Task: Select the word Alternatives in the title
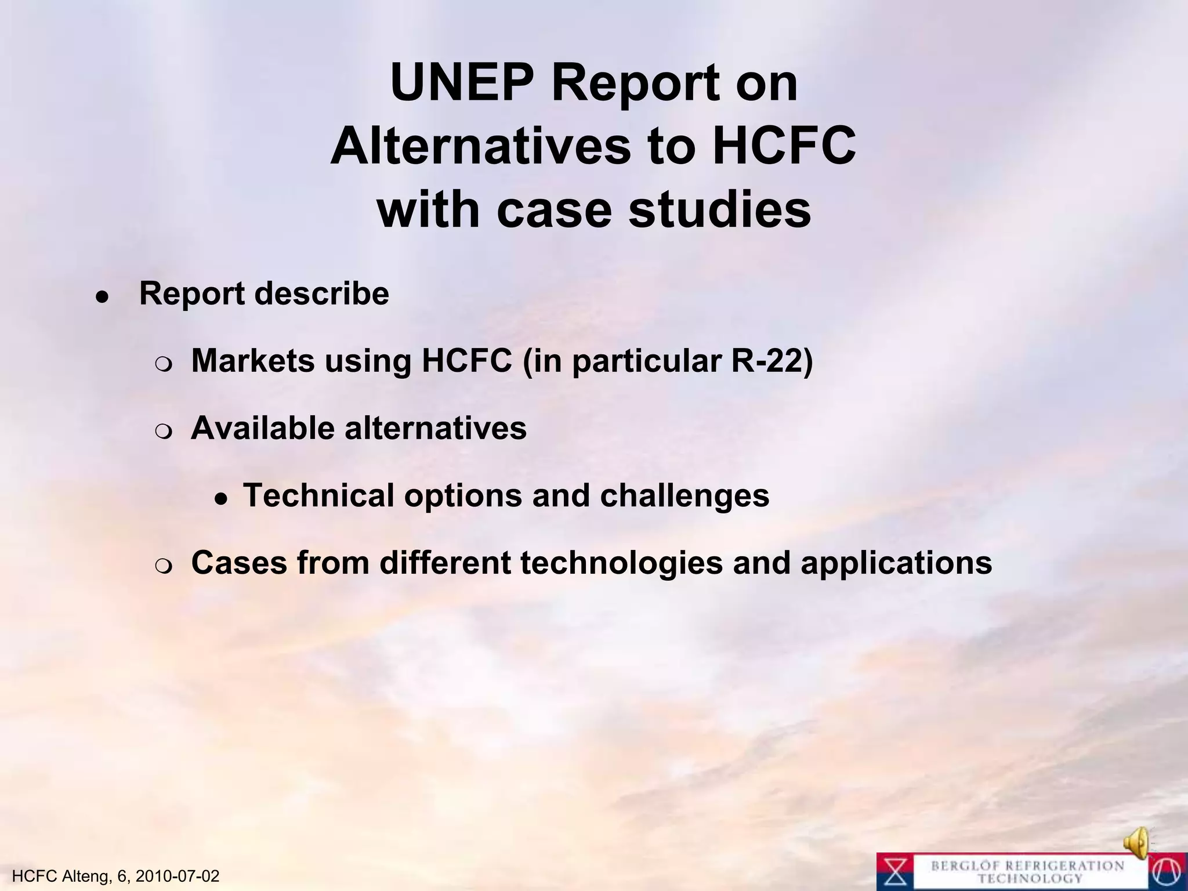pos(480,146)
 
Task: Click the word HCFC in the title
pos(783,146)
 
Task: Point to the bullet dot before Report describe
pos(102,297)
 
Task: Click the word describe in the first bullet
pos(322,294)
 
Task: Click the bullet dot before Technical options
pos(219,499)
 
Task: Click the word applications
pos(896,563)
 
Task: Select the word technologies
pos(621,563)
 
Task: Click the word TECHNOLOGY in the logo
pos(1030,879)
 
